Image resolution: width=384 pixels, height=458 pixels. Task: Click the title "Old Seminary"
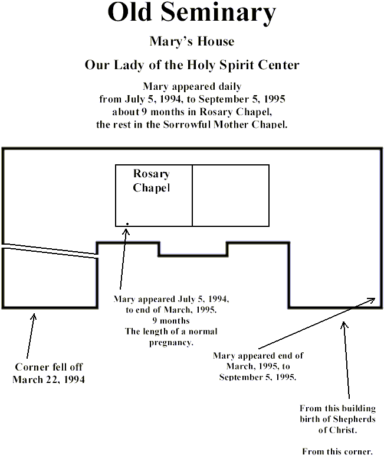192,13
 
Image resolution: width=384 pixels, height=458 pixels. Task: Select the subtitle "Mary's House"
192,41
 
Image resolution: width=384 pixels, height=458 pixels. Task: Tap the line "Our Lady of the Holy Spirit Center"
192,64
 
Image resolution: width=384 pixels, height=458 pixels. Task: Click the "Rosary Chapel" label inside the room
152,180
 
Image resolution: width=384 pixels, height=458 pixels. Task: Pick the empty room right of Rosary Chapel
231,196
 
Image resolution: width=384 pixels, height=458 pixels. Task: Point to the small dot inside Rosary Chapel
127,224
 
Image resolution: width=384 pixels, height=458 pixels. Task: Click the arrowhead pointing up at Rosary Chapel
126,232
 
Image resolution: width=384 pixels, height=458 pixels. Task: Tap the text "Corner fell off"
49,367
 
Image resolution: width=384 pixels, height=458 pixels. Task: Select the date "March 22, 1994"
49,379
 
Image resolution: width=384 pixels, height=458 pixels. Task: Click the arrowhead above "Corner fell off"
34,317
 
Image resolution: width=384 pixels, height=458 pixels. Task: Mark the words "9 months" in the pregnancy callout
171,321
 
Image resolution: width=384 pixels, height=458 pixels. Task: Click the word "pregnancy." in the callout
171,343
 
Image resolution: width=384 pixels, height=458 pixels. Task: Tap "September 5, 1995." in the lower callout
258,377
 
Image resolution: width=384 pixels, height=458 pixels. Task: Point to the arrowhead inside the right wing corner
372,300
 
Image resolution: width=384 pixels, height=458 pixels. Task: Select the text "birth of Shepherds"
337,419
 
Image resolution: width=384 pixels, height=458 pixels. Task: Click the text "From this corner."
337,451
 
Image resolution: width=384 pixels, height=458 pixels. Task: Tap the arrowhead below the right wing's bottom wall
344,325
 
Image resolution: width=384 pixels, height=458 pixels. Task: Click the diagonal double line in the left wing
50,251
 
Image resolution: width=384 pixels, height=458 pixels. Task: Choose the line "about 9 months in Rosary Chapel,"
192,112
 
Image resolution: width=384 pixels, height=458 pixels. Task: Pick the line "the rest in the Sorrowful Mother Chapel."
192,125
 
